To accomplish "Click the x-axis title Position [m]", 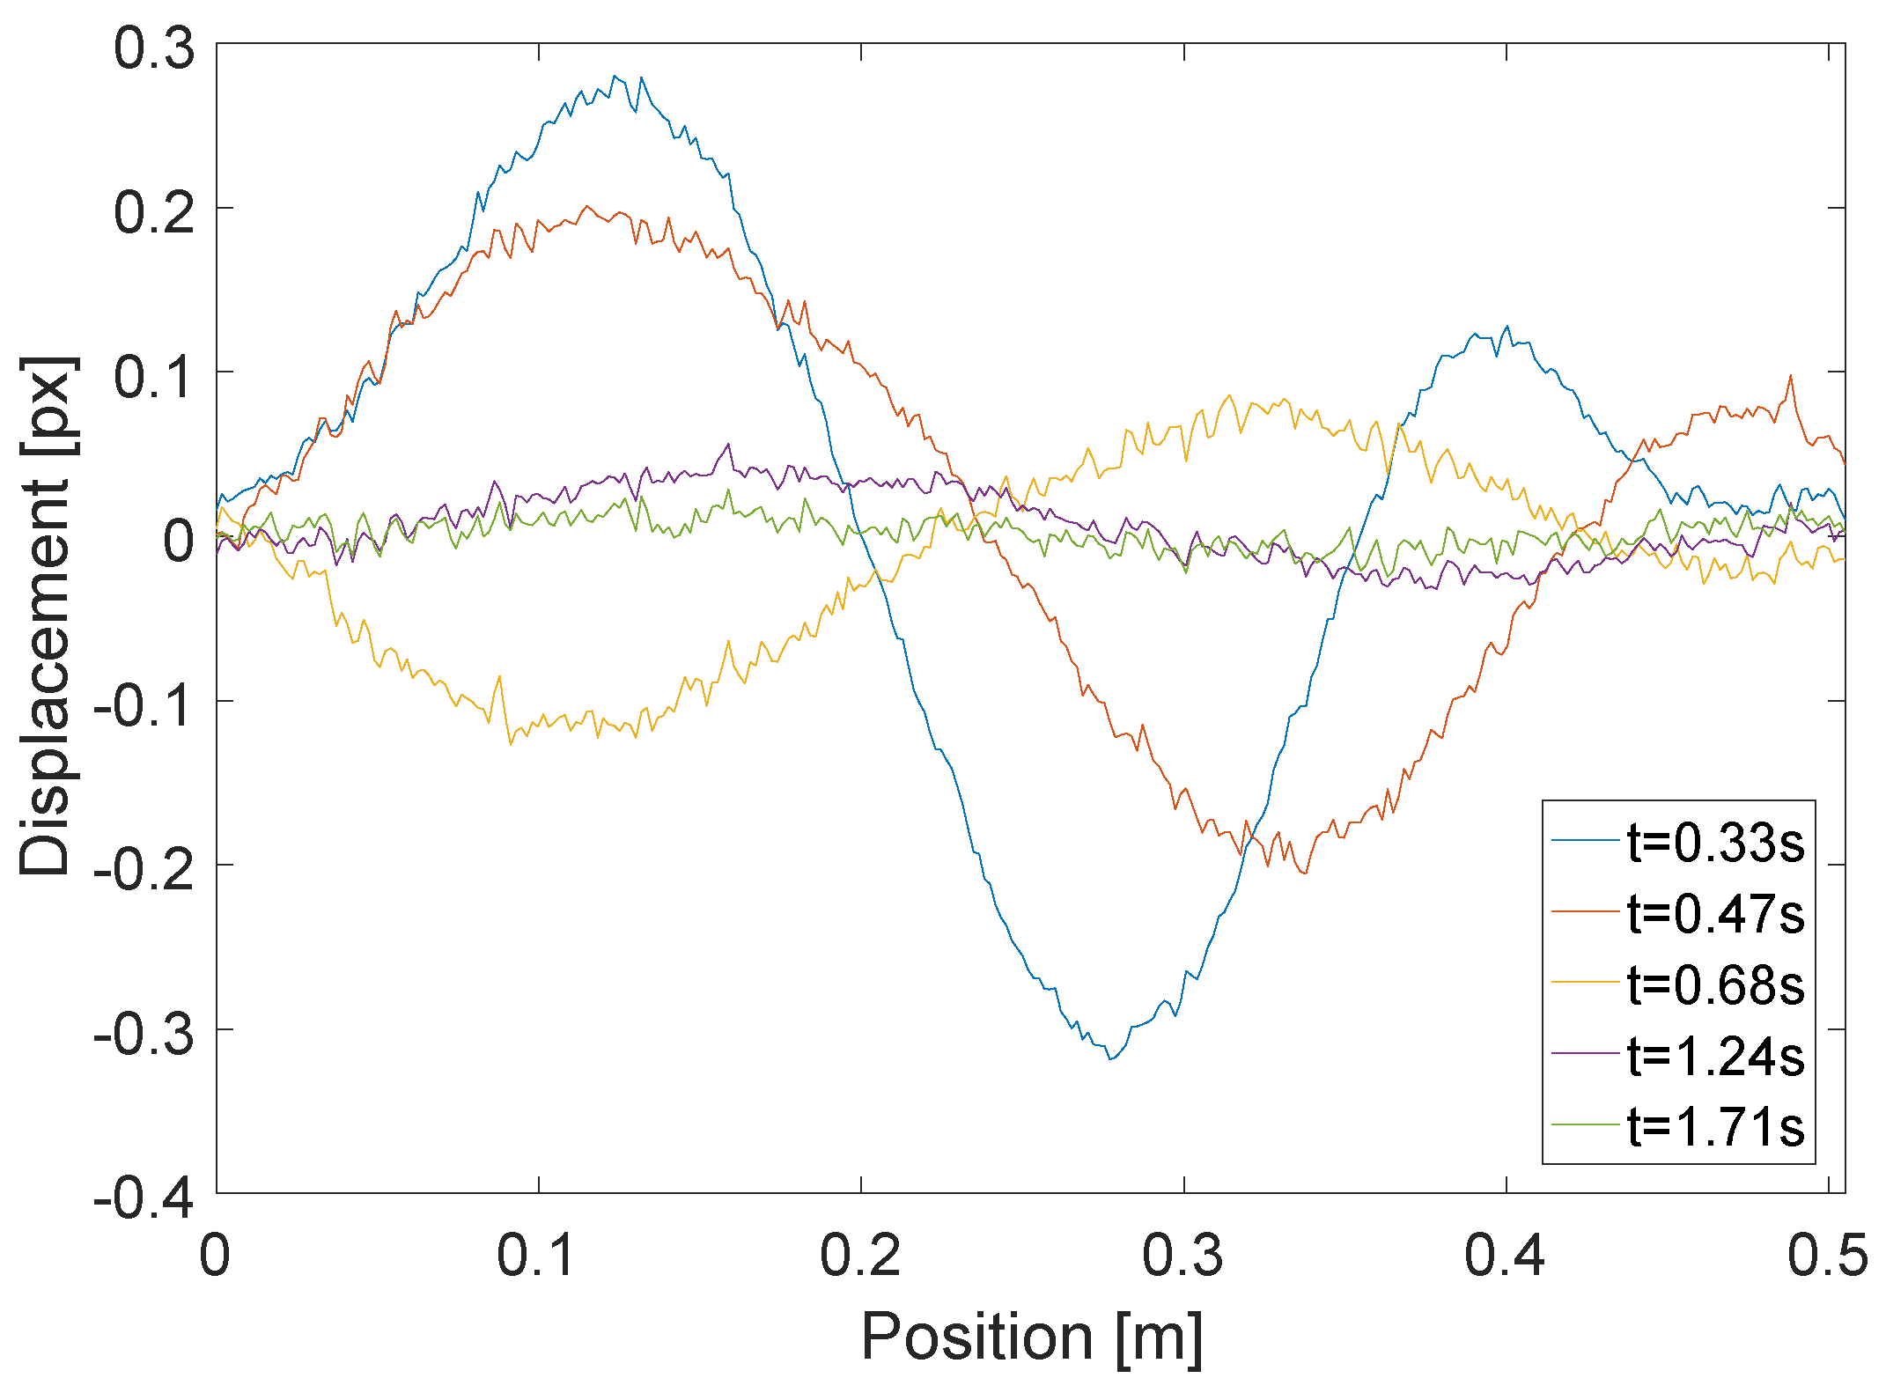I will pyautogui.click(x=1031, y=1337).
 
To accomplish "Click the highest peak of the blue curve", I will pyautogui.click(x=615, y=77).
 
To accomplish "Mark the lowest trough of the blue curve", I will pyautogui.click(x=1111, y=1058).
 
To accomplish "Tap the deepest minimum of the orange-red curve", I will pyautogui.click(x=1304, y=873).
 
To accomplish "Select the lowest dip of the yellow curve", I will pyautogui.click(x=511, y=744).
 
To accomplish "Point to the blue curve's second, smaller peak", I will pyautogui.click(x=1507, y=327).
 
